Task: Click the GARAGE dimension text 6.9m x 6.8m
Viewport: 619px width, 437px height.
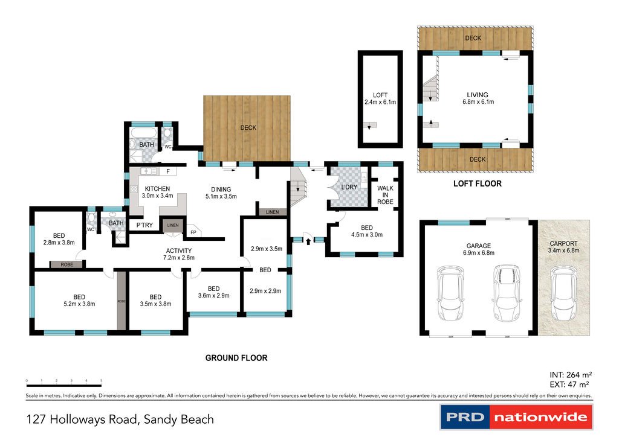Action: pos(478,253)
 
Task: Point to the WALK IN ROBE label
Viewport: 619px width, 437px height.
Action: pos(385,194)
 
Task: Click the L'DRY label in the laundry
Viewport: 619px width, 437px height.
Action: pos(349,187)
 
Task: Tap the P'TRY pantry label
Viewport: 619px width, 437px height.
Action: pos(144,225)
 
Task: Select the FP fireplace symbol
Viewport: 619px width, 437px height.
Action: pos(193,232)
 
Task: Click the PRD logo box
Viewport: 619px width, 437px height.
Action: pos(464,417)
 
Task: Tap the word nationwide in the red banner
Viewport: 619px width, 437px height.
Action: pos(540,417)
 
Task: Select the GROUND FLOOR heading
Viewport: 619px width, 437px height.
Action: pos(236,358)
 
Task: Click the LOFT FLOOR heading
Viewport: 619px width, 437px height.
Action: pos(477,183)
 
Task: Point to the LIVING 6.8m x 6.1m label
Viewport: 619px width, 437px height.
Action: pos(477,98)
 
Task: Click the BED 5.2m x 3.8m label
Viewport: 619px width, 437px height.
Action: pos(79,300)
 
